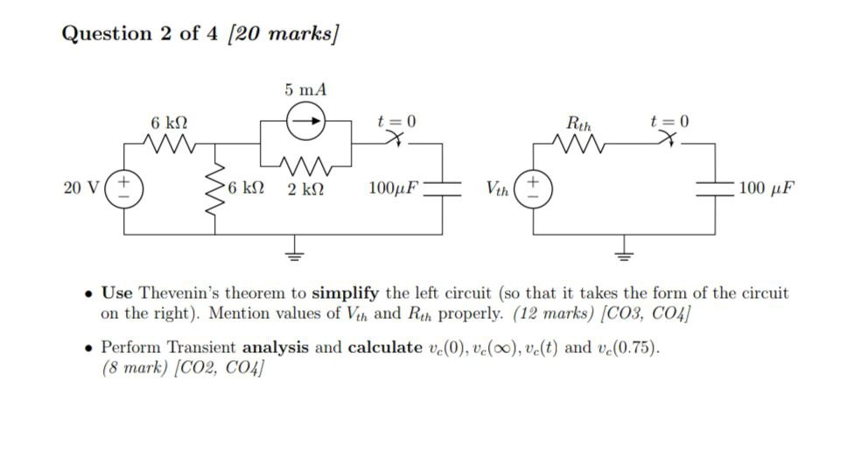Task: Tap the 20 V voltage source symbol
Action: [x=123, y=187]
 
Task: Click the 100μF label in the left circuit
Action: [x=394, y=187]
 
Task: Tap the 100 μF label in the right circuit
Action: [x=766, y=187]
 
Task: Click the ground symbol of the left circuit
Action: [x=295, y=252]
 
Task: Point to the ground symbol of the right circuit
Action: [x=624, y=252]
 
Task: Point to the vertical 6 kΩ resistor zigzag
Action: [x=214, y=187]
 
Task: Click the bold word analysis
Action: [x=276, y=348]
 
